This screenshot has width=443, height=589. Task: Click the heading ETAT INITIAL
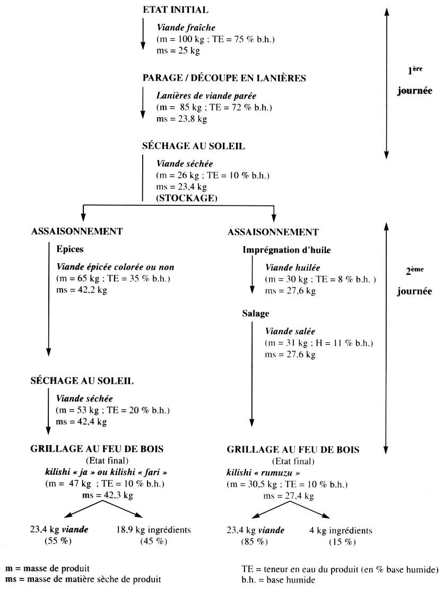[176, 10]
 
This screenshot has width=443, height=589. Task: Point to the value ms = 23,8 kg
[181, 118]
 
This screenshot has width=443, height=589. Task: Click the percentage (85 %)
[254, 541]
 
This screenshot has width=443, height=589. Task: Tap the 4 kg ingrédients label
[341, 530]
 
